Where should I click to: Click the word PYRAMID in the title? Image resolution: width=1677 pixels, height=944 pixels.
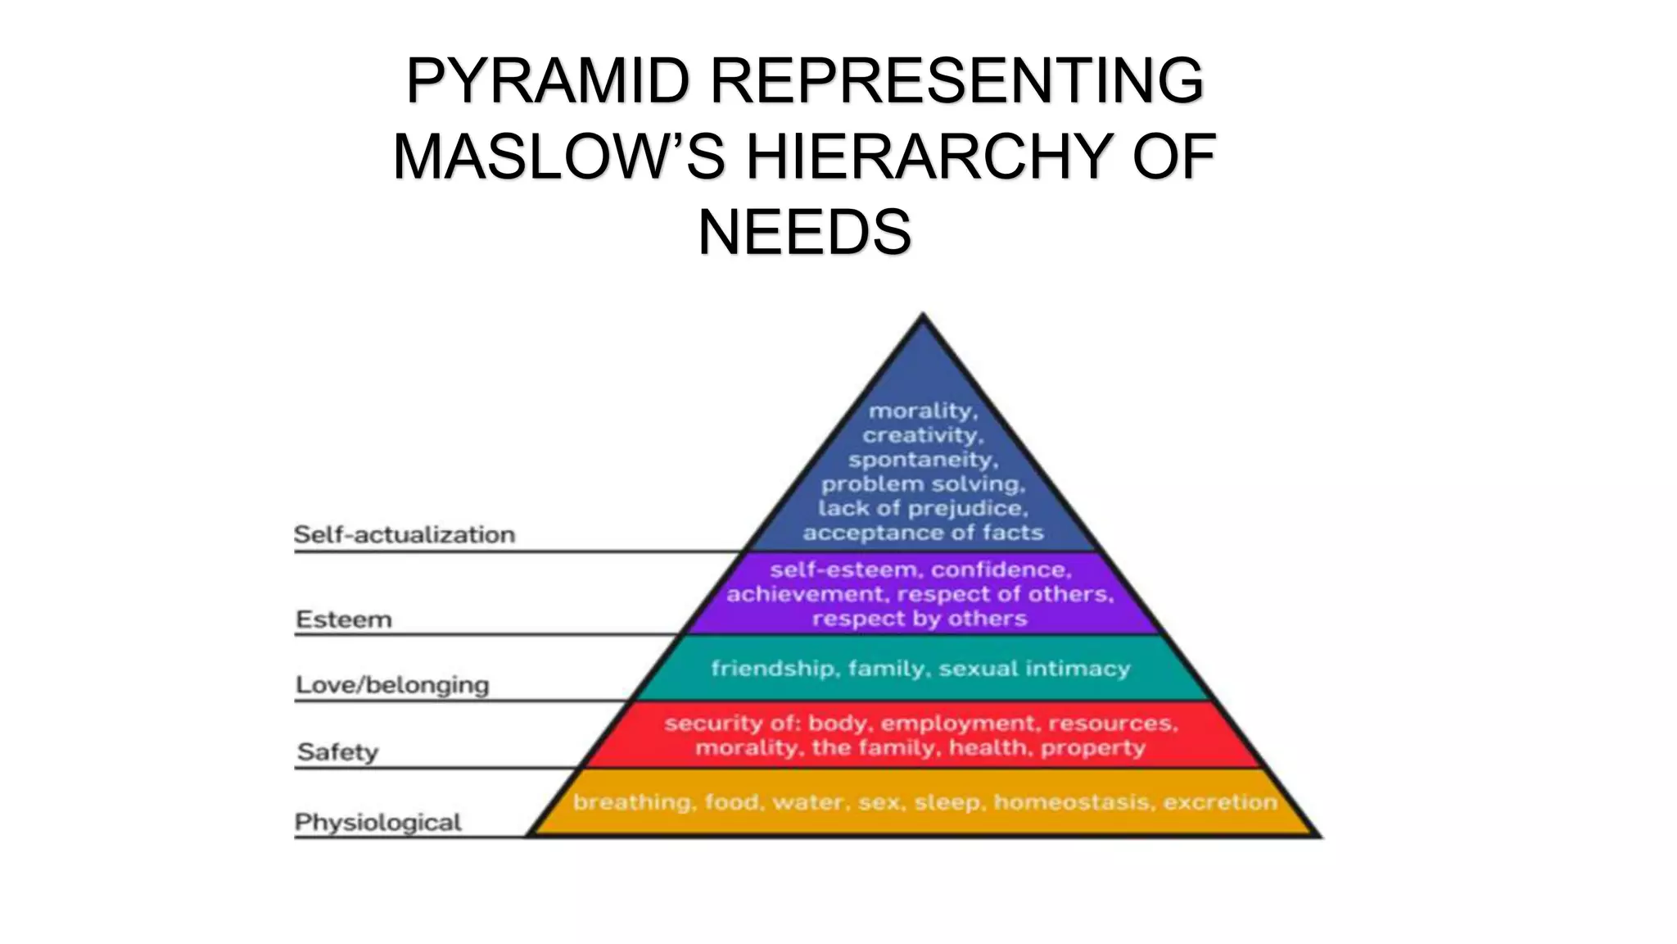click(x=548, y=81)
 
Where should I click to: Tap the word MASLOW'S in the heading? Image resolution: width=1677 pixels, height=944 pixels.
click(x=559, y=157)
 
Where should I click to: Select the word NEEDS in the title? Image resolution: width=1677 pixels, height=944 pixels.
click(x=804, y=233)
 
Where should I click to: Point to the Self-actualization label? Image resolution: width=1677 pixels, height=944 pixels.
click(x=405, y=534)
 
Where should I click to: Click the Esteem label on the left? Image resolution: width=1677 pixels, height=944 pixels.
click(x=344, y=619)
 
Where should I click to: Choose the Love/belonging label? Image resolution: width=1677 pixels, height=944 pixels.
click(x=392, y=684)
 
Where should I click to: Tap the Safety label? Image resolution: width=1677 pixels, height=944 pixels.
click(x=337, y=751)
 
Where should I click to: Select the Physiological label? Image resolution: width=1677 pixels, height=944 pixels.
click(x=378, y=822)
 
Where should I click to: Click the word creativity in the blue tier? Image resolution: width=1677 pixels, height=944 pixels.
click(x=922, y=435)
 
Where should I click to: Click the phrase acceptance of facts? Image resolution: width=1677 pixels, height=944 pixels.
click(x=923, y=533)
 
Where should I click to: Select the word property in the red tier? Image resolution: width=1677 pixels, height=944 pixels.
click(x=1092, y=747)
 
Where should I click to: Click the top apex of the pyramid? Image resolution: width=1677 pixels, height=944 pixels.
click(x=923, y=316)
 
